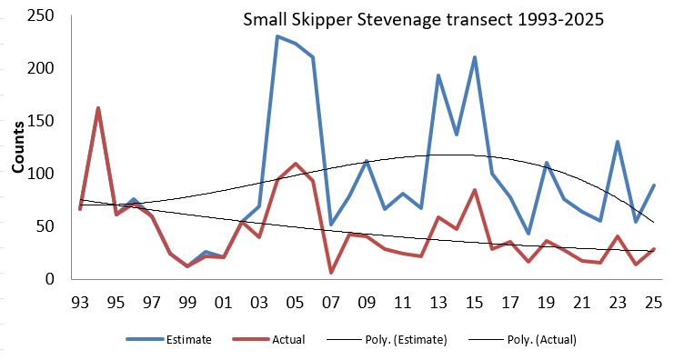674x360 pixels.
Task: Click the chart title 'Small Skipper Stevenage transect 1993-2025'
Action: click(x=411, y=19)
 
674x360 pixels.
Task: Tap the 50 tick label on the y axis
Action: click(x=42, y=226)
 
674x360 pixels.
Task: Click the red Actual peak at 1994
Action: click(x=98, y=108)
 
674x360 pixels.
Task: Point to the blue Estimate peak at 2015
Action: click(x=474, y=57)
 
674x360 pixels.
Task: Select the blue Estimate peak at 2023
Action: click(x=618, y=142)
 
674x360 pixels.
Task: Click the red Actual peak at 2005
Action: click(x=296, y=164)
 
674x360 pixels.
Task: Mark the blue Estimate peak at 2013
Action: click(x=438, y=75)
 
